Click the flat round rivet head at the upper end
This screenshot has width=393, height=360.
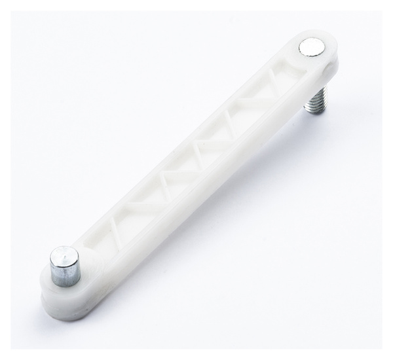311,46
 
